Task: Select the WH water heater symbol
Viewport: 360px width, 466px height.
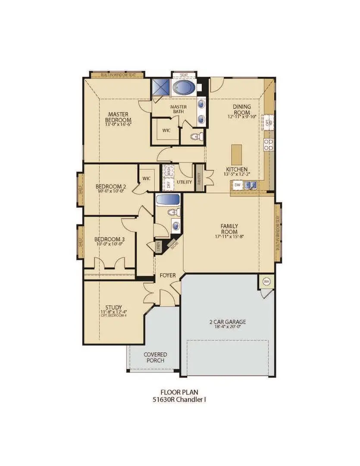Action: tap(266, 282)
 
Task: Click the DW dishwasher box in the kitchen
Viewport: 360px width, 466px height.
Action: tap(237, 185)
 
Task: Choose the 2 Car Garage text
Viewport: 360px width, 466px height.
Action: tap(227, 322)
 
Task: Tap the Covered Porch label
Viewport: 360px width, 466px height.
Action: tap(155, 357)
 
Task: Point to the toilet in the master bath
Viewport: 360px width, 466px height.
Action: tap(195, 137)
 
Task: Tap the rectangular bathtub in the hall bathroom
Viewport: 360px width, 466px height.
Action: tap(168, 201)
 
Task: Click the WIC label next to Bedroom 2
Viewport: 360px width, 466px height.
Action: tap(146, 177)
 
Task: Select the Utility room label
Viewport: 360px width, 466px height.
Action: tap(184, 182)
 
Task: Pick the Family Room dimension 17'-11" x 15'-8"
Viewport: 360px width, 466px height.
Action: tap(229, 236)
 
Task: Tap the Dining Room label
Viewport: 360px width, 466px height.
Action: tap(241, 110)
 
